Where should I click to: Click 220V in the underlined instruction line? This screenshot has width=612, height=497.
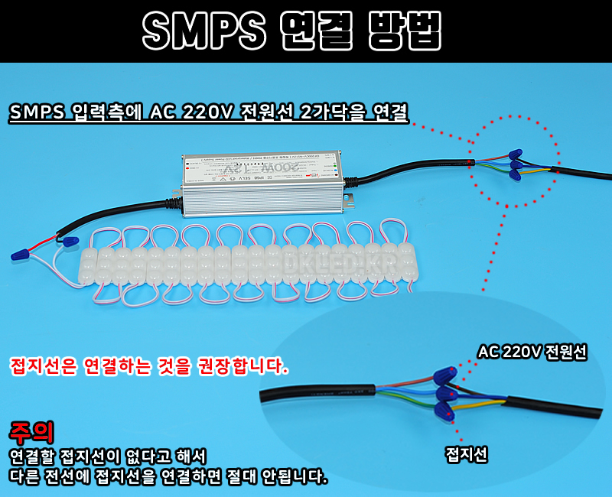tap(207, 112)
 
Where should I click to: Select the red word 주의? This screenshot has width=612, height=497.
tap(31, 433)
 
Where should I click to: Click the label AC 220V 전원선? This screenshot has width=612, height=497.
tap(532, 352)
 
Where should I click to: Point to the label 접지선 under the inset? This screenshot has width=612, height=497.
tap(467, 456)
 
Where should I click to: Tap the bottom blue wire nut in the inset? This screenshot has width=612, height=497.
tap(443, 411)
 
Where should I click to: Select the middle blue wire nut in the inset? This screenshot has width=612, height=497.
tap(446, 394)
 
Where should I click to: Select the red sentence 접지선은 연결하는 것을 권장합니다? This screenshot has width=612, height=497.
tap(149, 366)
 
